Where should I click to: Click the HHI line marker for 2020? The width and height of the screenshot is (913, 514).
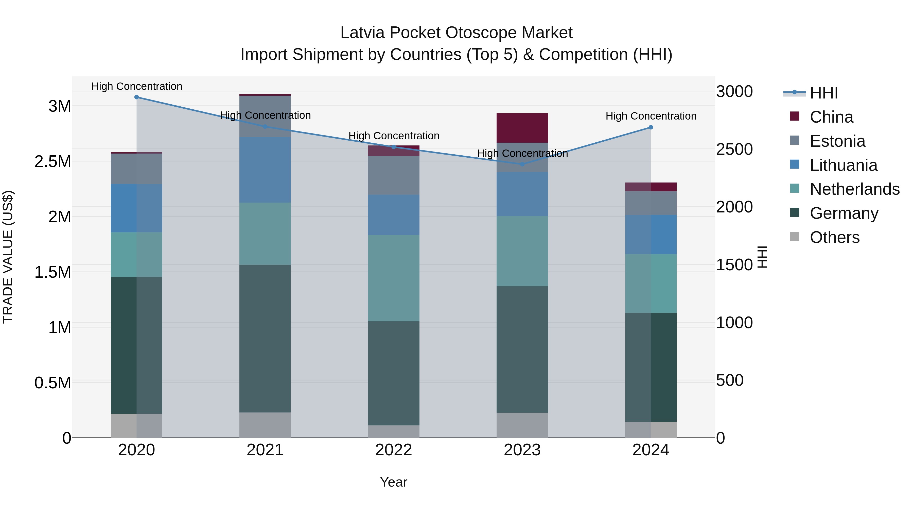click(136, 97)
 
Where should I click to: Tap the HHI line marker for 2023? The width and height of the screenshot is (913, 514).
click(522, 164)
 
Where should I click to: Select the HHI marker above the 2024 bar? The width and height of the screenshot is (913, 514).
click(651, 127)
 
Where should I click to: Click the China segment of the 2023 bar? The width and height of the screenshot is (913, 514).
click(522, 128)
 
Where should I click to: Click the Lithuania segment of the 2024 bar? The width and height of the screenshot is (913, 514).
click(651, 235)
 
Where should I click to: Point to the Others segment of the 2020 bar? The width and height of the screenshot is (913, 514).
click(136, 426)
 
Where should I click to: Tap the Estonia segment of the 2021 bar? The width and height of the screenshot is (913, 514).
click(265, 117)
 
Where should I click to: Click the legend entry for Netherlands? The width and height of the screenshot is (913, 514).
click(854, 189)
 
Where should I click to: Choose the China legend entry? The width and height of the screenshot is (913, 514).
click(831, 117)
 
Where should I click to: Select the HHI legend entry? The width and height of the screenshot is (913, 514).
click(823, 93)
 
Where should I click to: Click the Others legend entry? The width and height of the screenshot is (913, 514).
click(834, 237)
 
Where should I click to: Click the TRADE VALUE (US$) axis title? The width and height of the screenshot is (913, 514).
click(8, 257)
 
